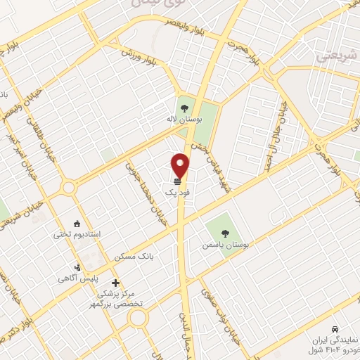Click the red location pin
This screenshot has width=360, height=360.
181,165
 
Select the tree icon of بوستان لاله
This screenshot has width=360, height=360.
184,108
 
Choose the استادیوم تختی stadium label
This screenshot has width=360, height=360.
78,233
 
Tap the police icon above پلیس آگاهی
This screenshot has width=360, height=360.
79,267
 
